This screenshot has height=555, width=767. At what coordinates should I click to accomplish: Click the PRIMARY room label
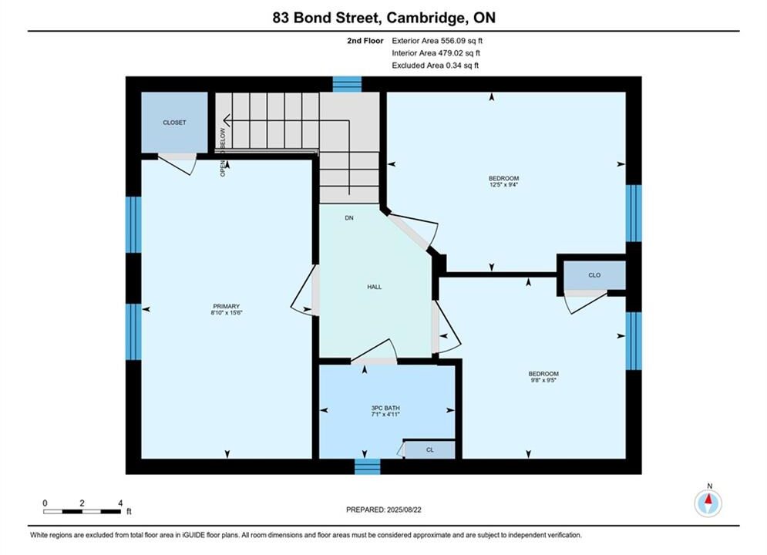(226, 306)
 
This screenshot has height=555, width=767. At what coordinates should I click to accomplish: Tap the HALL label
(374, 287)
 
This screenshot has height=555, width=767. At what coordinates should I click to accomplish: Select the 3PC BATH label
(385, 408)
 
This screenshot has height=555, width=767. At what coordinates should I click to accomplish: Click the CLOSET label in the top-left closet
(175, 123)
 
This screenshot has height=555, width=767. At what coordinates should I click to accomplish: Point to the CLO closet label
(594, 275)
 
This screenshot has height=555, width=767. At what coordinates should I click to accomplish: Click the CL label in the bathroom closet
(430, 450)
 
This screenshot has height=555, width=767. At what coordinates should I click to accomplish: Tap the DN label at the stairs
(348, 218)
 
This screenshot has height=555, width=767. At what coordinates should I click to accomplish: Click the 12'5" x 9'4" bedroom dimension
(503, 185)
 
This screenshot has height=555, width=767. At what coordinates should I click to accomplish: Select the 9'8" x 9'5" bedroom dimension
(543, 380)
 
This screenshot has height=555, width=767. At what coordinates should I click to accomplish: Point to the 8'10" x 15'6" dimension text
(227, 312)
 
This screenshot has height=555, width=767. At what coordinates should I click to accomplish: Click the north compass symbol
(708, 503)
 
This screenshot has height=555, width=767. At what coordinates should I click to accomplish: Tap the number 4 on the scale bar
(120, 503)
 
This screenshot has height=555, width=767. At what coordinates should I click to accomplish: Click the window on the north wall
(348, 84)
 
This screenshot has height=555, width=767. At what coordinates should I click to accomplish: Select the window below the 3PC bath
(368, 466)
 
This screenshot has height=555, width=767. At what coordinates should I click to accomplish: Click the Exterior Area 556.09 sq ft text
(437, 41)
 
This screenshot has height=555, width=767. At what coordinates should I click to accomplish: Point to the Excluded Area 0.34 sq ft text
(436, 66)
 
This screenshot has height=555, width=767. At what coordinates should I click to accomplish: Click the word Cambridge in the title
(425, 18)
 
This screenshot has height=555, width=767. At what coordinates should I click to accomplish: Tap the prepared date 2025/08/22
(404, 510)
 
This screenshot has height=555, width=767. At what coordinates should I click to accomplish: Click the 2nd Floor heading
(365, 41)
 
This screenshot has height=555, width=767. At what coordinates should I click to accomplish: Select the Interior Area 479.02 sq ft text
(436, 53)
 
